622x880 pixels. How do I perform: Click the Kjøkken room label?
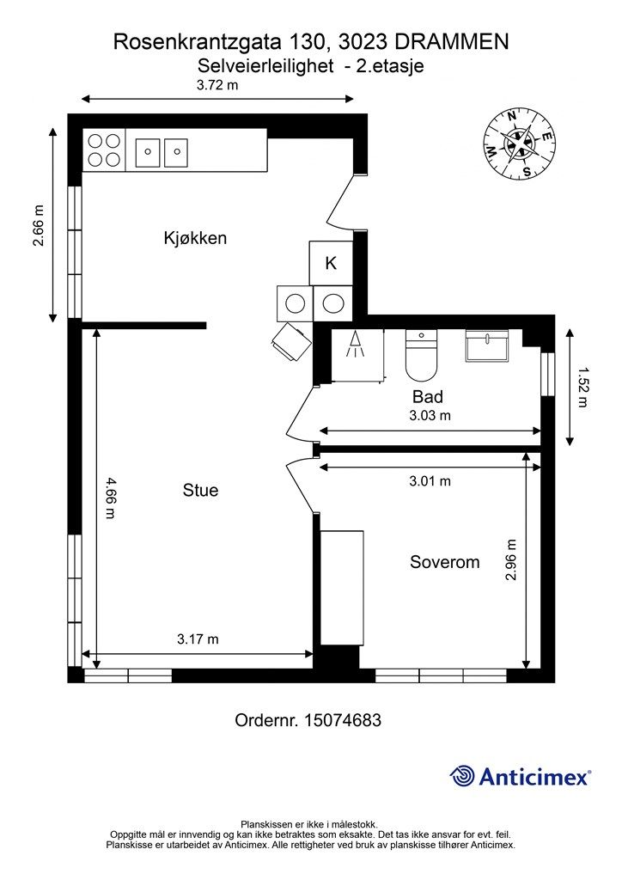195,238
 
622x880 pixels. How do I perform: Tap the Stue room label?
200,491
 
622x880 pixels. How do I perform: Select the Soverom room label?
444,562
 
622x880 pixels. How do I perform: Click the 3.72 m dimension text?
217,85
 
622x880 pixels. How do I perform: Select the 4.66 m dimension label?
110,498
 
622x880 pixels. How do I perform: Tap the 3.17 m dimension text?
198,639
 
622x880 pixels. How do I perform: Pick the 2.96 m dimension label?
511,560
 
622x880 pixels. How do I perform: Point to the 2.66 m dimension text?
38,226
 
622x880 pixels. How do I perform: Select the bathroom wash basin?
487,346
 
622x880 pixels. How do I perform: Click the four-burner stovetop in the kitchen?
104,150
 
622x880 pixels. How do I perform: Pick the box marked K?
330,263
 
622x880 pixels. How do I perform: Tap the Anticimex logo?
521,777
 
